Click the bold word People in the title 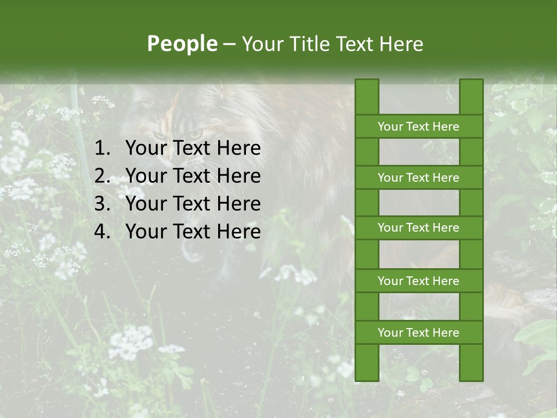coord(182,44)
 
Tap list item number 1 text coord(193,149)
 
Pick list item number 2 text coord(193,176)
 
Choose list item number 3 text coord(193,204)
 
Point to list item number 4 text coord(193,232)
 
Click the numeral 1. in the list coord(102,149)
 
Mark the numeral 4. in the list coord(102,232)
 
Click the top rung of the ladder coord(418,127)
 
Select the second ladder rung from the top coord(418,178)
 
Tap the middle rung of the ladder coord(418,228)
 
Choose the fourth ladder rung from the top coord(418,281)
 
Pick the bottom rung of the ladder coord(418,333)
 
